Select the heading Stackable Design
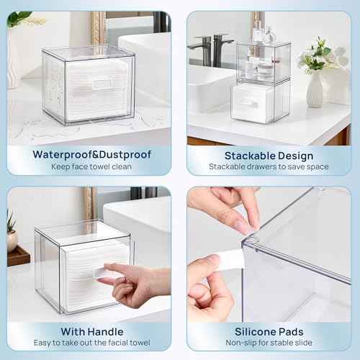point(269,156)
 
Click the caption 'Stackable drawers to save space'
point(269,167)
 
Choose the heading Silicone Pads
point(269,332)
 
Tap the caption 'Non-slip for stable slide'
point(269,343)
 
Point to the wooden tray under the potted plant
point(17,257)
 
